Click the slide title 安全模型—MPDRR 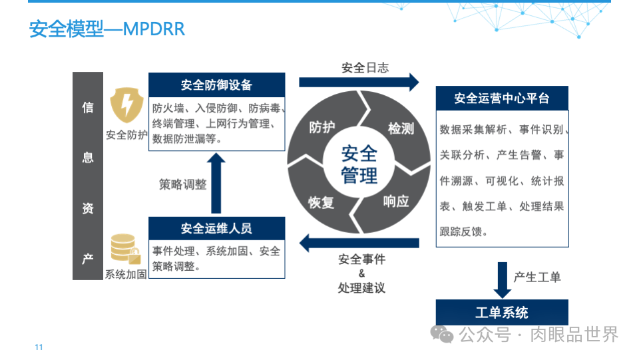coord(106,30)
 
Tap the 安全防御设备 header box coord(216,85)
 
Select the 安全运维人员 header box coord(216,228)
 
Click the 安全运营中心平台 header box coord(502,98)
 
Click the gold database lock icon coord(125,249)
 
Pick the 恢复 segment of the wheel coord(321,202)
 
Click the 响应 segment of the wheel coord(397,201)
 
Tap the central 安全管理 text coord(359,165)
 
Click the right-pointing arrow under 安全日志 coord(359,83)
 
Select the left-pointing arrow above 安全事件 coord(359,243)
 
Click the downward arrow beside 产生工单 coord(502,279)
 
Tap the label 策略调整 coord(182,184)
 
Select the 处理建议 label coord(361,287)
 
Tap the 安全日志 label coord(365,67)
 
